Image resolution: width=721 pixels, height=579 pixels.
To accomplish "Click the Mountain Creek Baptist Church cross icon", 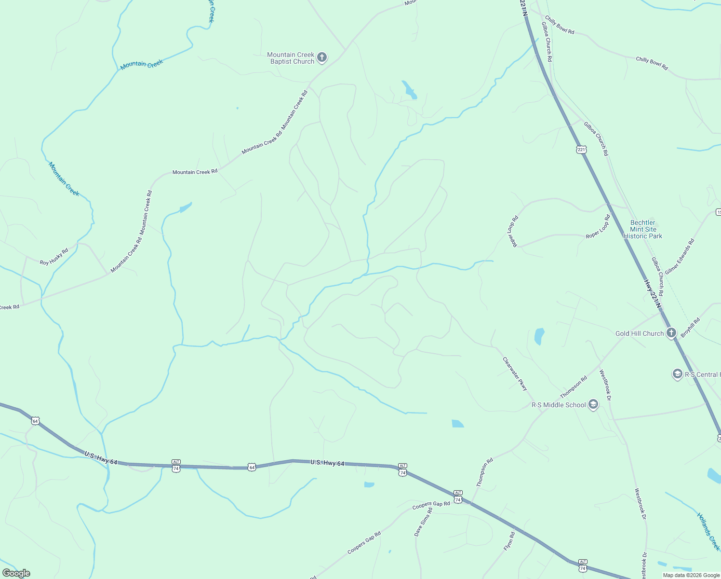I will [322, 58].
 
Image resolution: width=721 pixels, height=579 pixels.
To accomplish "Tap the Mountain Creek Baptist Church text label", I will [291, 58].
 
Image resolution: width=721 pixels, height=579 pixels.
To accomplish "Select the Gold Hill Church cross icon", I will [671, 333].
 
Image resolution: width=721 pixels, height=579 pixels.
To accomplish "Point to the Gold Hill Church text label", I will [640, 333].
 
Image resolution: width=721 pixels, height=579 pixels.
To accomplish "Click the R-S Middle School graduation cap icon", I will [593, 405].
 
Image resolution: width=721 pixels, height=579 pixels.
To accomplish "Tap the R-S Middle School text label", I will [559, 405].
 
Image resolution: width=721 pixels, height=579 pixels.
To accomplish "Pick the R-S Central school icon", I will [677, 374].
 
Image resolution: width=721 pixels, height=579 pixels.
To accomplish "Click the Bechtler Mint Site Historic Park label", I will [643, 230].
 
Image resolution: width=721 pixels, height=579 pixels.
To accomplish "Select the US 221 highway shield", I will [581, 150].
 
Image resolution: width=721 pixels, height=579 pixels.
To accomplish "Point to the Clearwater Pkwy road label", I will [515, 374].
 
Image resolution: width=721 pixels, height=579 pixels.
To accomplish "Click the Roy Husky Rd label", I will [54, 257].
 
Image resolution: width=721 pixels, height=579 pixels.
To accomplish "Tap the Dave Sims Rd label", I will [423, 522].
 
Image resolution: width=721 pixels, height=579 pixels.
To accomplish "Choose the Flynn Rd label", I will [509, 541].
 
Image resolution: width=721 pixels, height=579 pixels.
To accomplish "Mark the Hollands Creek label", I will [708, 531].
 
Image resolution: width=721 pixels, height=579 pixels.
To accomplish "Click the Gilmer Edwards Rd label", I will [680, 257].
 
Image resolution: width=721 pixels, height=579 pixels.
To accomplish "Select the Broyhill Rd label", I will [691, 327].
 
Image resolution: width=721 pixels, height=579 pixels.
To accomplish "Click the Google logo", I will [16, 573].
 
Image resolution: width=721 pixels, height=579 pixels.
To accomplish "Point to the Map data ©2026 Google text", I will [691, 575].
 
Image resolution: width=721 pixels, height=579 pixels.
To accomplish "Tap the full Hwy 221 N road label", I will [653, 293].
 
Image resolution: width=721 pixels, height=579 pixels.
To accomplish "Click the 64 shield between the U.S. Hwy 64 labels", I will [252, 467].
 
